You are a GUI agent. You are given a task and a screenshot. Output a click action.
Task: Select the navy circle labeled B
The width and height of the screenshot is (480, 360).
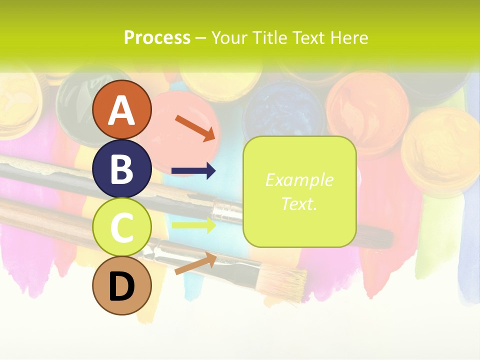click(x=122, y=169)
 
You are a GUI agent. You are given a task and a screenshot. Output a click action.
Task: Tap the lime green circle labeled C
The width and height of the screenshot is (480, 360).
click(x=122, y=227)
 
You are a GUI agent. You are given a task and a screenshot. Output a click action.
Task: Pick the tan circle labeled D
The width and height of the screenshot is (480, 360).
click(x=122, y=286)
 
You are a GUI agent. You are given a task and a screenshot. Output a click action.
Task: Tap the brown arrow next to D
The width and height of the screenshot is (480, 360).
click(x=195, y=263)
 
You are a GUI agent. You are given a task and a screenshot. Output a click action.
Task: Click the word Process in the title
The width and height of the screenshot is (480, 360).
click(x=157, y=38)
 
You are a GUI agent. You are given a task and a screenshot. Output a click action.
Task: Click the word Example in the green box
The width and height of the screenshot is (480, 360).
click(x=299, y=180)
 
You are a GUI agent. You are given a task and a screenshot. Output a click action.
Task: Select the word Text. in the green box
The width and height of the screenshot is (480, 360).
click(x=299, y=203)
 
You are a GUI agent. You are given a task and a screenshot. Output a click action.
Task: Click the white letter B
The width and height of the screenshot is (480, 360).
click(x=122, y=169)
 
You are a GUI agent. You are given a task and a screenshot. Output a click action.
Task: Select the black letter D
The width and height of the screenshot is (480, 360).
click(x=122, y=286)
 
